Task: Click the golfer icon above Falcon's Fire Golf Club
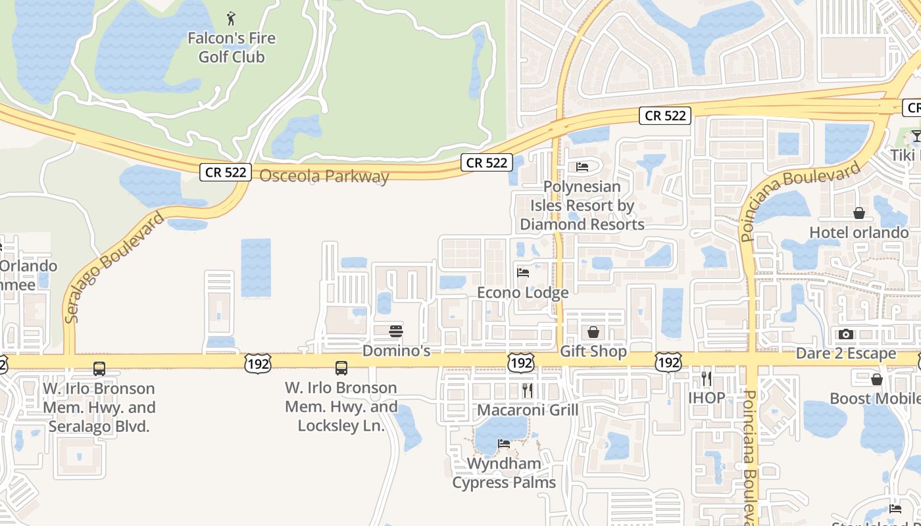pyautogui.click(x=231, y=18)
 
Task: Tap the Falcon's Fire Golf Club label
pyautogui.click(x=232, y=47)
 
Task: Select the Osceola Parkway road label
pyautogui.click(x=324, y=176)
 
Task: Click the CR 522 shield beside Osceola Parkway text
pyautogui.click(x=226, y=172)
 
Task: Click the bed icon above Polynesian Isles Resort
pyautogui.click(x=582, y=167)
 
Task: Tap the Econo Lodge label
pyautogui.click(x=522, y=293)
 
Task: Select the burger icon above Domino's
pyautogui.click(x=396, y=331)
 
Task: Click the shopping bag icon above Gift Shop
pyautogui.click(x=593, y=332)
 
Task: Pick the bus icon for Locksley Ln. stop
pyautogui.click(x=341, y=368)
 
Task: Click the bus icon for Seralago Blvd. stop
pyautogui.click(x=99, y=368)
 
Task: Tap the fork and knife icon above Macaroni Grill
pyautogui.click(x=527, y=391)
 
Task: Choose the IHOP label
pyautogui.click(x=707, y=398)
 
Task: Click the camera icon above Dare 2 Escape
pyautogui.click(x=846, y=334)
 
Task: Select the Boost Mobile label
pyautogui.click(x=875, y=398)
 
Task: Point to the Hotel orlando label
pyautogui.click(x=859, y=232)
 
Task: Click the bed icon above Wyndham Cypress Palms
pyautogui.click(x=504, y=444)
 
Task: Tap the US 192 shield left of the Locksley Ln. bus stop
pyautogui.click(x=257, y=363)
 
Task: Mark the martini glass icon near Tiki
pyautogui.click(x=916, y=136)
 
